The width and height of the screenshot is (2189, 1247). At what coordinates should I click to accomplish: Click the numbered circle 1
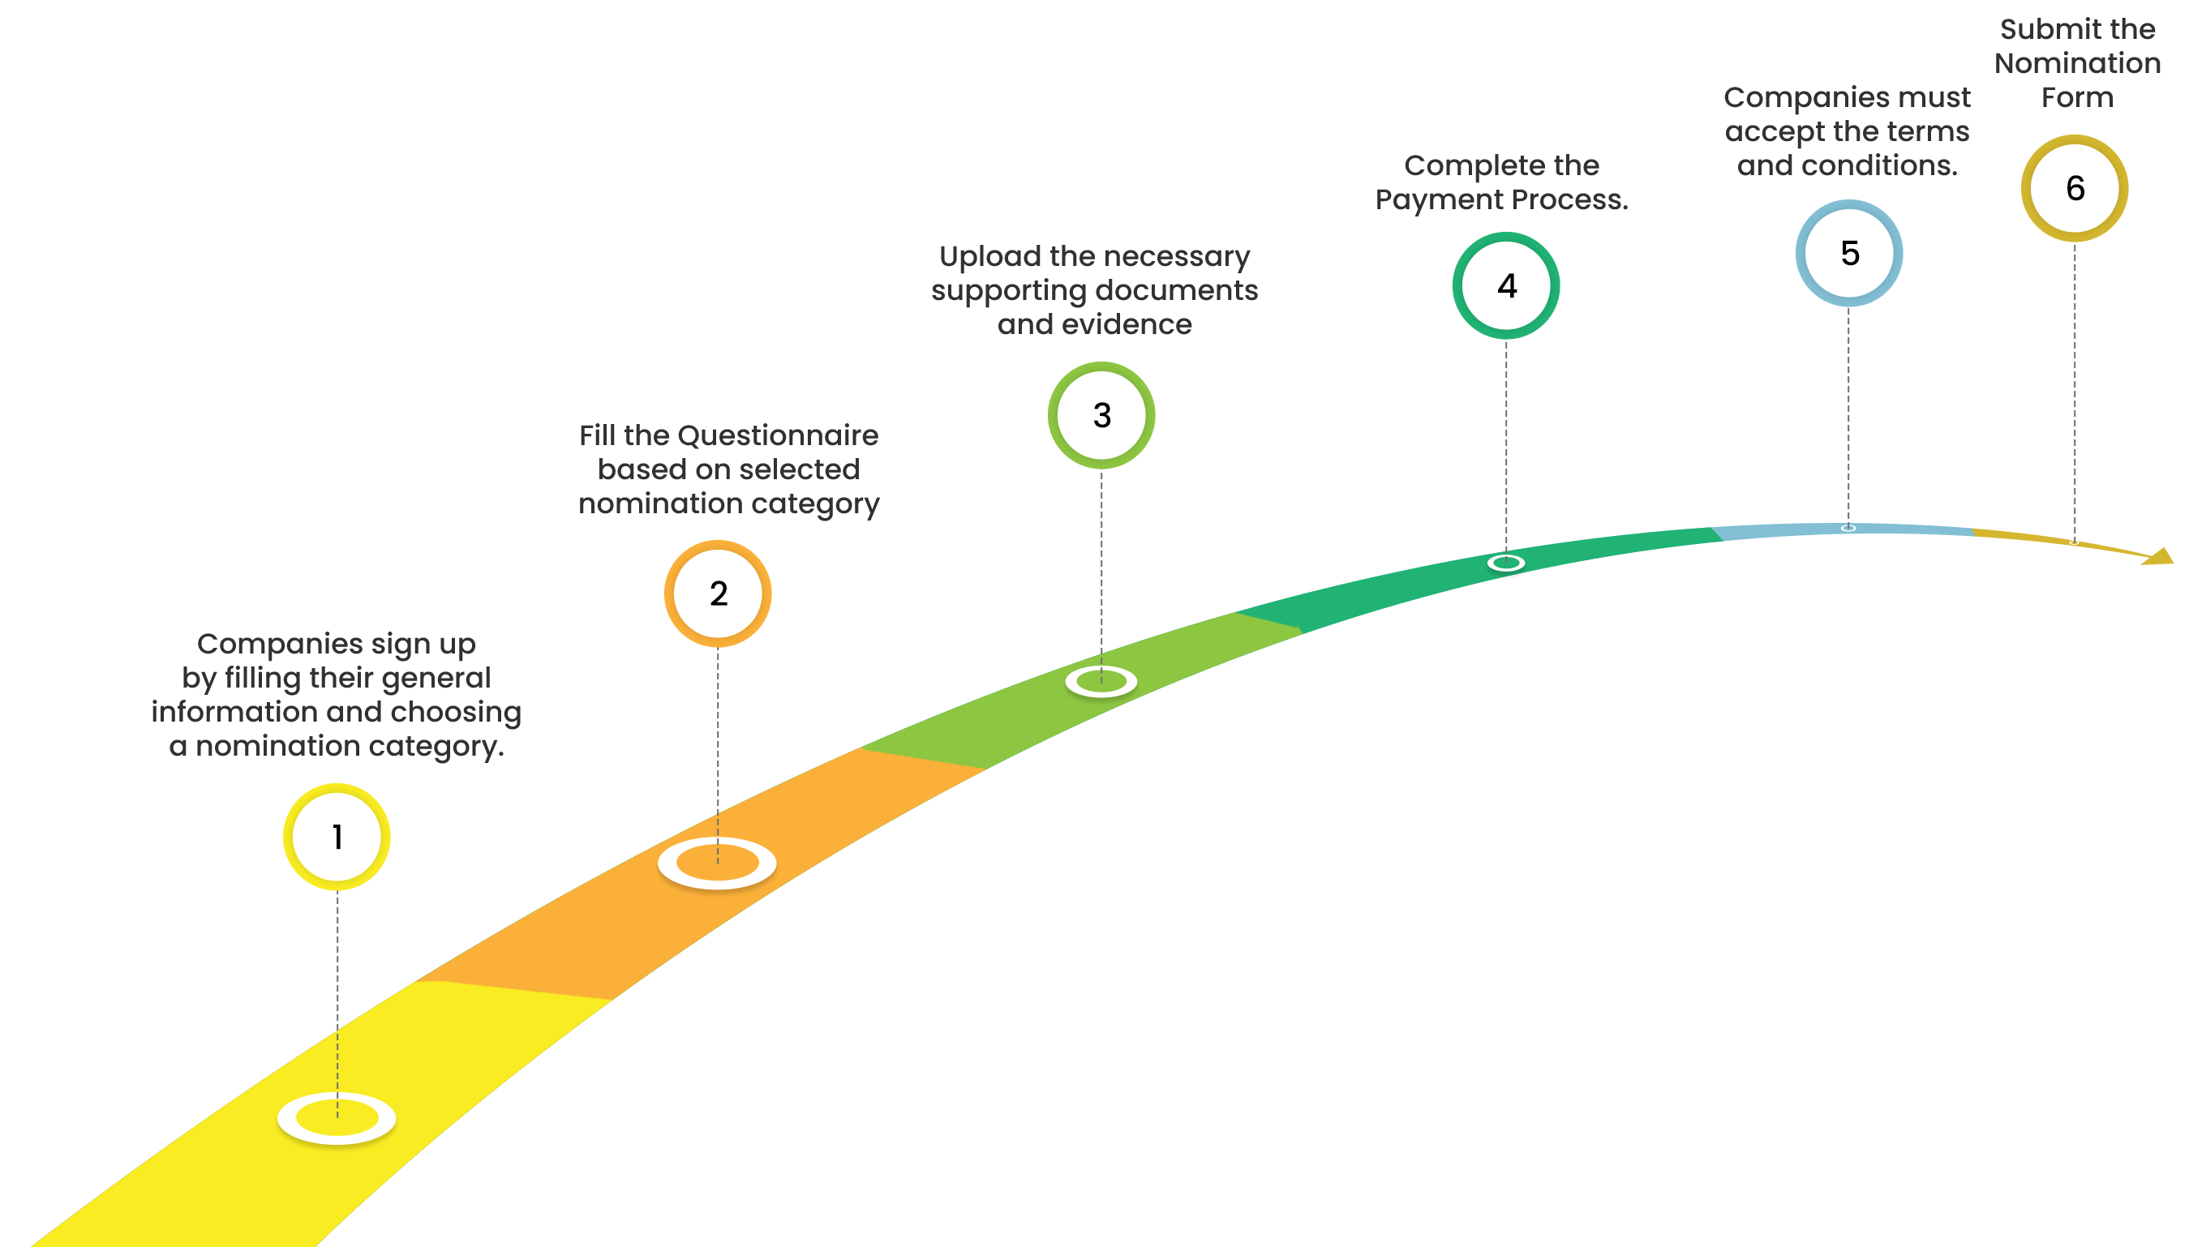337,837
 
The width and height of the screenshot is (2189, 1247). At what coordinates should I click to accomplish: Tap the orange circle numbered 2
718,594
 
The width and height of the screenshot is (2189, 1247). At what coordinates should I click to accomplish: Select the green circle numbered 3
1101,415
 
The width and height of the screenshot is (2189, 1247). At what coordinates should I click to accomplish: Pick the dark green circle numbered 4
1506,286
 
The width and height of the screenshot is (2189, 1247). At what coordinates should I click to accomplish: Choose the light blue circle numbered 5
1850,254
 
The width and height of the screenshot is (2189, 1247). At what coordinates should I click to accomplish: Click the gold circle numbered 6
2075,188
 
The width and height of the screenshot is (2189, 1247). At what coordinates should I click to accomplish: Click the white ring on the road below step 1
337,1117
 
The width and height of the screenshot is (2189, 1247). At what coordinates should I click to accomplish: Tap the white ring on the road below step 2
717,863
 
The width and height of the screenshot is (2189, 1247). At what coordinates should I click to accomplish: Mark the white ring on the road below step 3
1101,682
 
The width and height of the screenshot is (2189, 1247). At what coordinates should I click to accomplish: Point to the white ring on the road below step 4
1505,563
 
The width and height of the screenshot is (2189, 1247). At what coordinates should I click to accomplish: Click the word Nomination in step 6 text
2078,63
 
